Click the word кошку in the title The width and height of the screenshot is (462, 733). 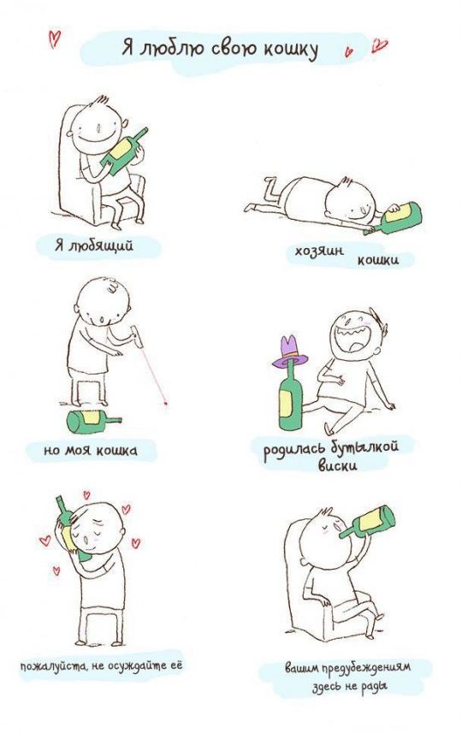(290, 50)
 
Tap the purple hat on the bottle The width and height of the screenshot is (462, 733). (289, 351)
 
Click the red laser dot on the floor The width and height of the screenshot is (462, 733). (166, 401)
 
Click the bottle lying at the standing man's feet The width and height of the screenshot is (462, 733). (93, 421)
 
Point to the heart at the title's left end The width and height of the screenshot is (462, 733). (54, 38)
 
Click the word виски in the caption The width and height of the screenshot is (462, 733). (338, 465)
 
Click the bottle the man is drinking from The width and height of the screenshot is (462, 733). (368, 521)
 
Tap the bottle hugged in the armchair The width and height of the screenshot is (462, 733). (123, 151)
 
